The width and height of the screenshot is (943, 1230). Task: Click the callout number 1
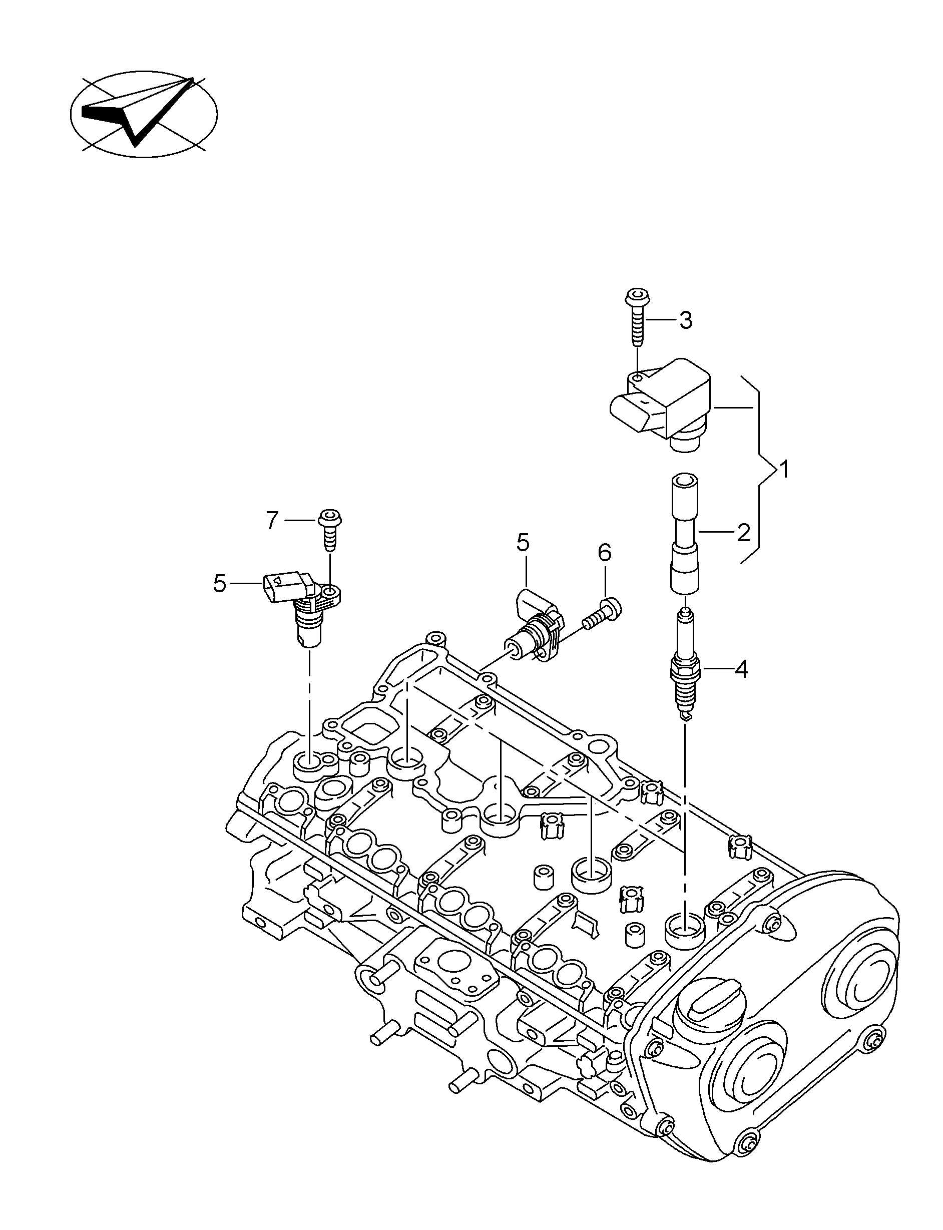[x=784, y=470]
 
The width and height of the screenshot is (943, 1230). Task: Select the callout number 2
[x=743, y=532]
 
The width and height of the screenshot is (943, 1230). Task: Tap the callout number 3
[x=685, y=320]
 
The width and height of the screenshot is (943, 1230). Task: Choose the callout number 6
[x=604, y=553]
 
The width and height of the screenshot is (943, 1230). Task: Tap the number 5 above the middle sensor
[x=523, y=543]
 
